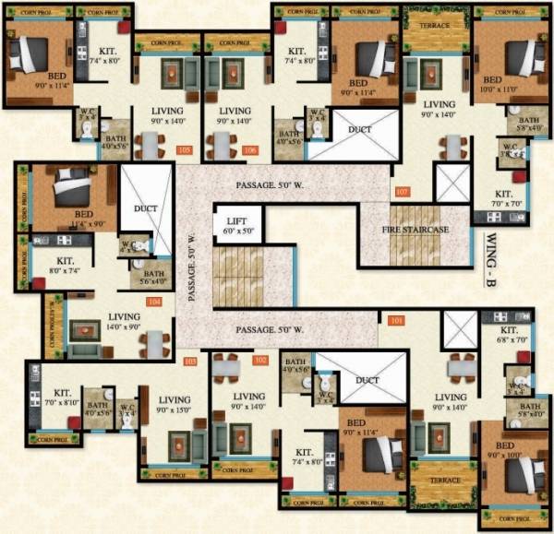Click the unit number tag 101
(396, 322)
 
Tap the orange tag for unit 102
(261, 359)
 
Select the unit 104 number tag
(155, 302)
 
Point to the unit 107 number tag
(401, 192)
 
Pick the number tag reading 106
(250, 149)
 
